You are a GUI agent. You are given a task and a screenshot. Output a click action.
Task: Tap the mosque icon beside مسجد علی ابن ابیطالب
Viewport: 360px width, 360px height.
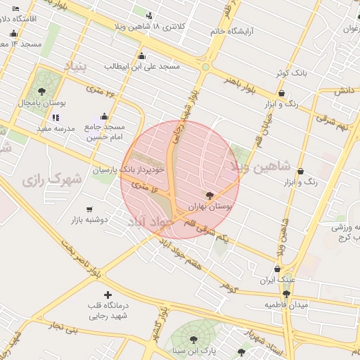tap(142, 56)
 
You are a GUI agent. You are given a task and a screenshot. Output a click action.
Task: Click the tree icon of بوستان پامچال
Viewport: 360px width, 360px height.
tap(42, 91)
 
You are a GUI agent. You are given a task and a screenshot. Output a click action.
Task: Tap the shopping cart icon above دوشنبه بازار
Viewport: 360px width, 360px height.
tap(89, 209)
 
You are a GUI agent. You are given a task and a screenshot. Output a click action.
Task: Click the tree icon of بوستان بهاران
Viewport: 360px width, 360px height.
tap(209, 195)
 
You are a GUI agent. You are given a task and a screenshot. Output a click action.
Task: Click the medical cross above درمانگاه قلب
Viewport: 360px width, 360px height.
tap(107, 295)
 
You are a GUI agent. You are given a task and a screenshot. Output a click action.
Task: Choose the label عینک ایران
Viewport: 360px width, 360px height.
tap(276, 280)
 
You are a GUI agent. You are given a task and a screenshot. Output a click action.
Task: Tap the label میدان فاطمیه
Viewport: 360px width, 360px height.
tap(286, 304)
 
